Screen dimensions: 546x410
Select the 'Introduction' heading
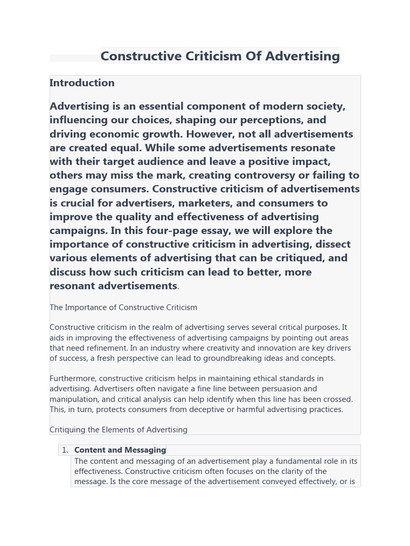pyautogui.click(x=82, y=83)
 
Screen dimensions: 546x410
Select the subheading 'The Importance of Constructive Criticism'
pyautogui.click(x=123, y=308)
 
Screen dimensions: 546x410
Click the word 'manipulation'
pyautogui.click(x=72, y=399)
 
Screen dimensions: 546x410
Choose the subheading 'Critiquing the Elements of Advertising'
pyautogui.click(x=119, y=430)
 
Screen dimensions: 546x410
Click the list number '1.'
pyautogui.click(x=65, y=450)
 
